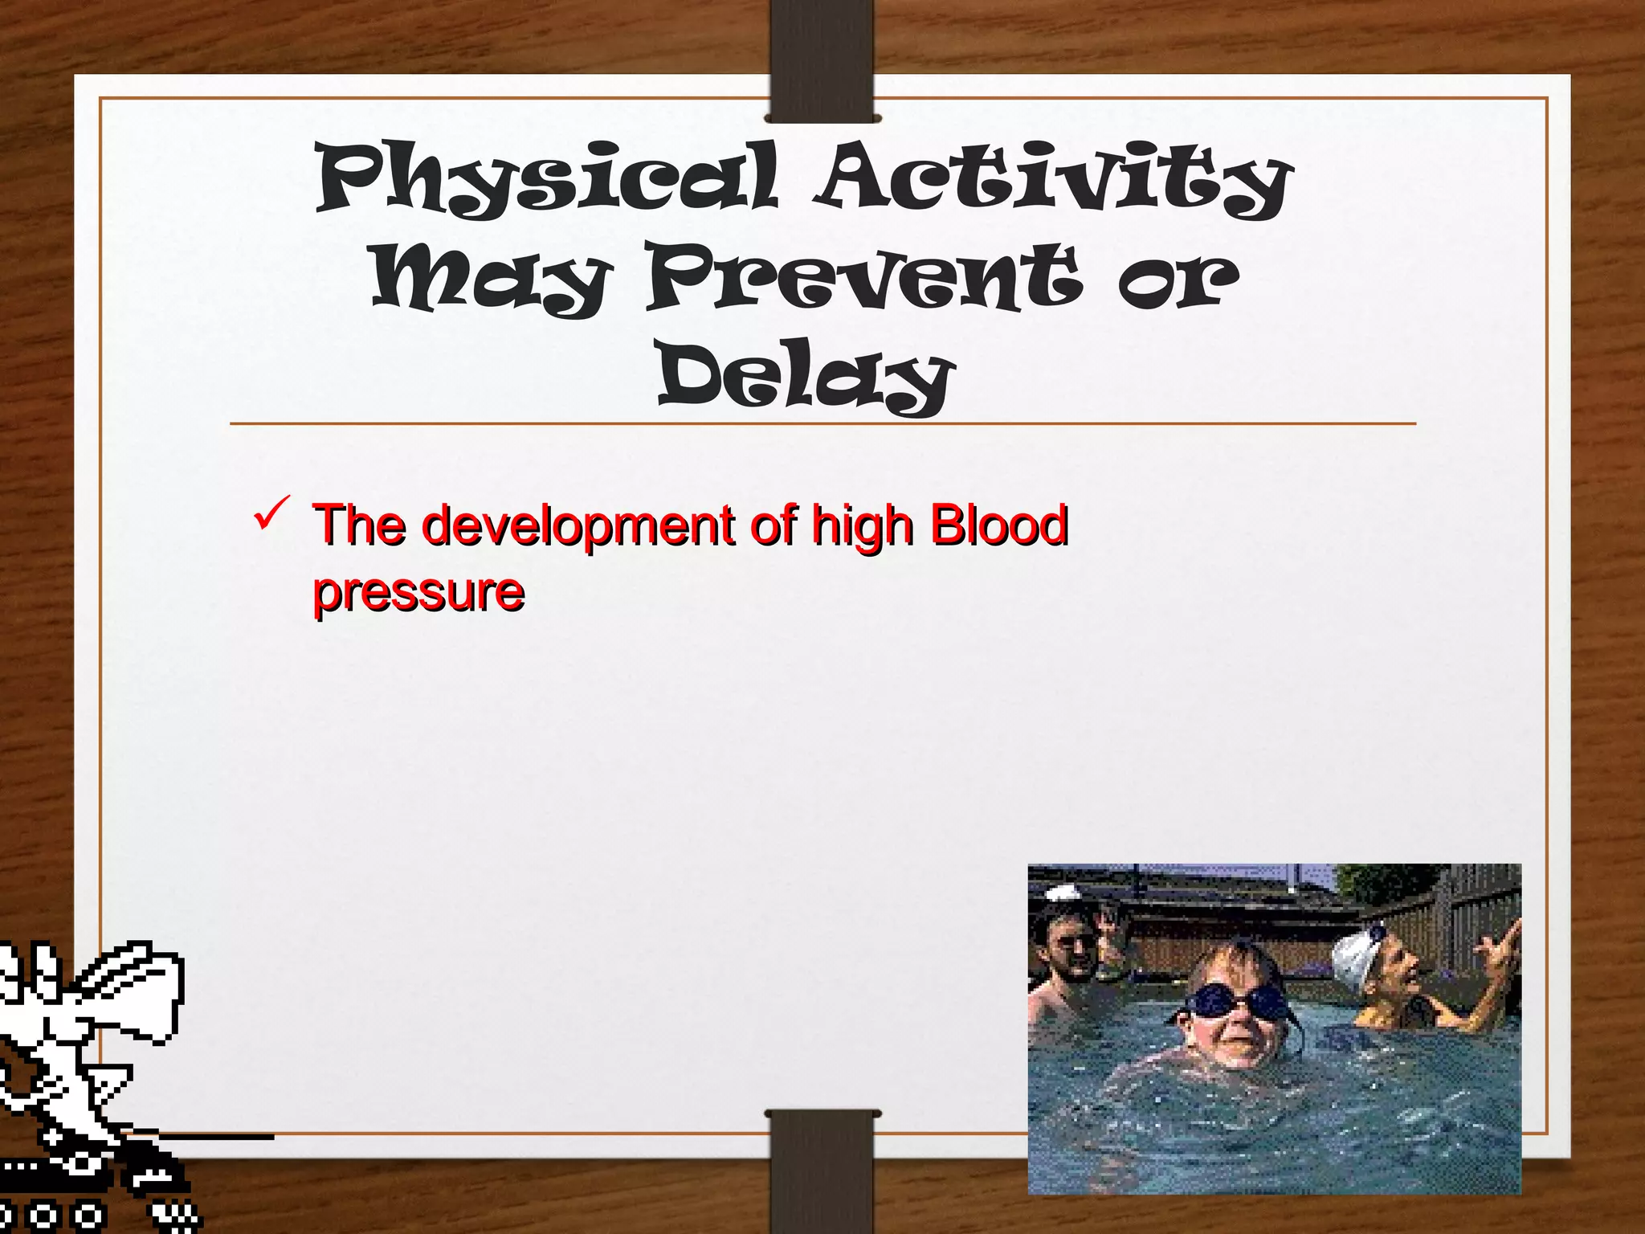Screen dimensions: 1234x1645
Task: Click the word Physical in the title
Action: click(x=546, y=178)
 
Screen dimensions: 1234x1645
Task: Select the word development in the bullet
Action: click(x=578, y=526)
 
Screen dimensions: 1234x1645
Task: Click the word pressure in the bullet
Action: click(x=418, y=593)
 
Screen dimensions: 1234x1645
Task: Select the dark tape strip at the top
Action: click(x=821, y=60)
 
